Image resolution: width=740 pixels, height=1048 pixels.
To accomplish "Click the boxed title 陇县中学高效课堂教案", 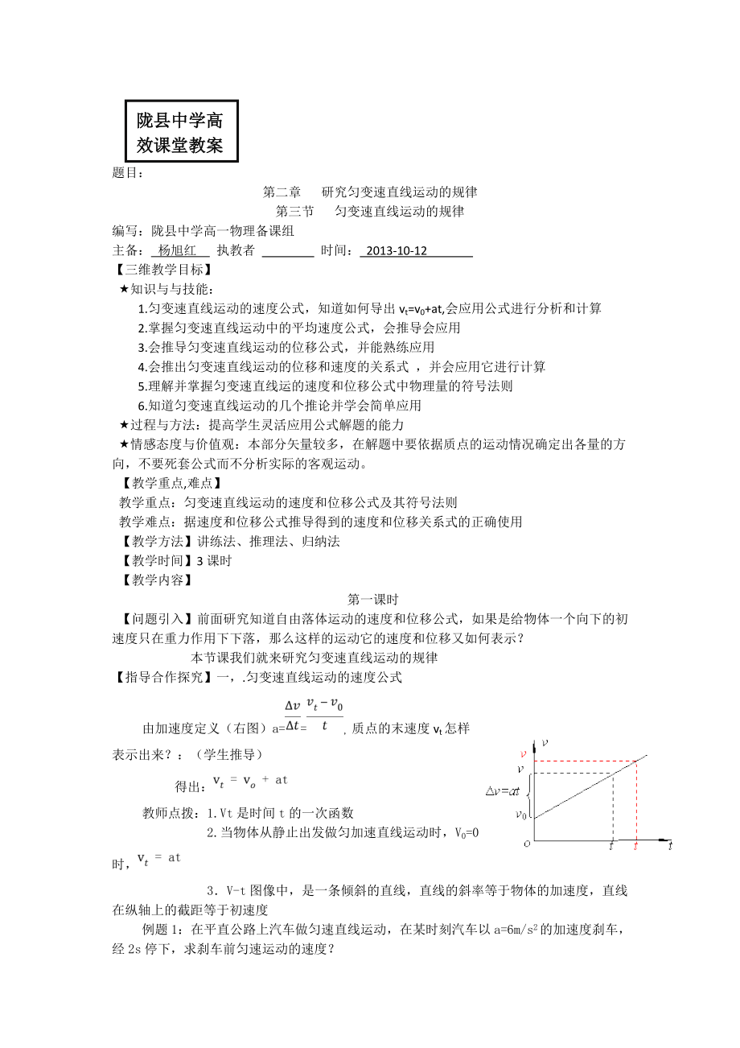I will coord(181,132).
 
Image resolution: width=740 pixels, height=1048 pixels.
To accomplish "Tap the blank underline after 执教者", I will coord(288,251).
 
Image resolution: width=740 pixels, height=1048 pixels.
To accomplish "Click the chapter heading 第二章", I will coord(282,192).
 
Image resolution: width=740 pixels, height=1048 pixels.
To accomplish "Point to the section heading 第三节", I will coord(294,212).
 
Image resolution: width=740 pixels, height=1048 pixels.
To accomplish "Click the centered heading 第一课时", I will coord(373,599).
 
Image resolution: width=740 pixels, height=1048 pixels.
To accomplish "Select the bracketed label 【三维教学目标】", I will coord(158,270).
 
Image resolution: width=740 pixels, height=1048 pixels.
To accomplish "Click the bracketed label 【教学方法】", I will coord(150,541).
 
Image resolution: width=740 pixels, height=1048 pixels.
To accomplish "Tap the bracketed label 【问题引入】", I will coord(150,618).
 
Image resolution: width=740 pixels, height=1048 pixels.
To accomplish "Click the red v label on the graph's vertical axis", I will coord(524,754).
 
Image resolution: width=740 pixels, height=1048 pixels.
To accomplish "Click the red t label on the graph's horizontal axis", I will coord(636,846).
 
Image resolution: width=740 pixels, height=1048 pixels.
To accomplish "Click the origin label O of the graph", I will coord(527,844).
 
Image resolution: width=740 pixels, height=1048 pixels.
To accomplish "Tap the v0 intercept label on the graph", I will coord(522,815).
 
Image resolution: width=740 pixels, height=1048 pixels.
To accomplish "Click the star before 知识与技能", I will coord(124,289).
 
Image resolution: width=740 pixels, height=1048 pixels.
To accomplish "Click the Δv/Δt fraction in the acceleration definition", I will coord(292,716).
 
